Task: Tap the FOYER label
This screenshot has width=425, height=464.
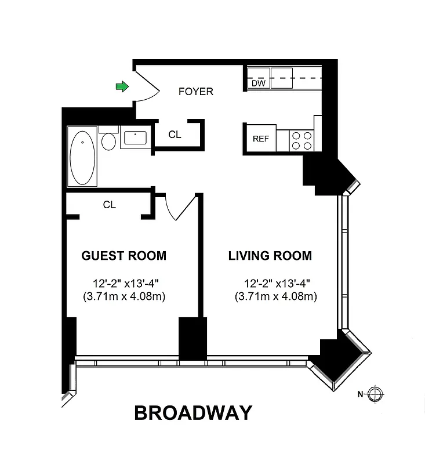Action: pyautogui.click(x=196, y=92)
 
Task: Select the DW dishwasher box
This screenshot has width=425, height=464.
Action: pyautogui.click(x=258, y=84)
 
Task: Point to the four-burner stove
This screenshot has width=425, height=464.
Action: pyautogui.click(x=302, y=140)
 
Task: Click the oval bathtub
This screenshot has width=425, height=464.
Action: pyautogui.click(x=82, y=157)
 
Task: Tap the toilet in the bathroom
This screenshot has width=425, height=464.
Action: pyautogui.click(x=108, y=140)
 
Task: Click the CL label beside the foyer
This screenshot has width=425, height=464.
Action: pyautogui.click(x=175, y=135)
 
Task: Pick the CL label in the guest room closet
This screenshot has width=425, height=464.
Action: pyautogui.click(x=109, y=205)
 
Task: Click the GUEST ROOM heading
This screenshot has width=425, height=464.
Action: pyautogui.click(x=123, y=256)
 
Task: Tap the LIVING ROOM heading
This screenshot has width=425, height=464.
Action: pyautogui.click(x=270, y=256)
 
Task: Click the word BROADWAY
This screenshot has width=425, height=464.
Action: pyautogui.click(x=193, y=412)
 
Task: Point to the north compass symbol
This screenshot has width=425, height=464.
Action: pyautogui.click(x=375, y=394)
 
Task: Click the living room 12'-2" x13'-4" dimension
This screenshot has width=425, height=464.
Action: pyautogui.click(x=277, y=284)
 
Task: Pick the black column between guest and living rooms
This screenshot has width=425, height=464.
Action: pyautogui.click(x=192, y=338)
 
